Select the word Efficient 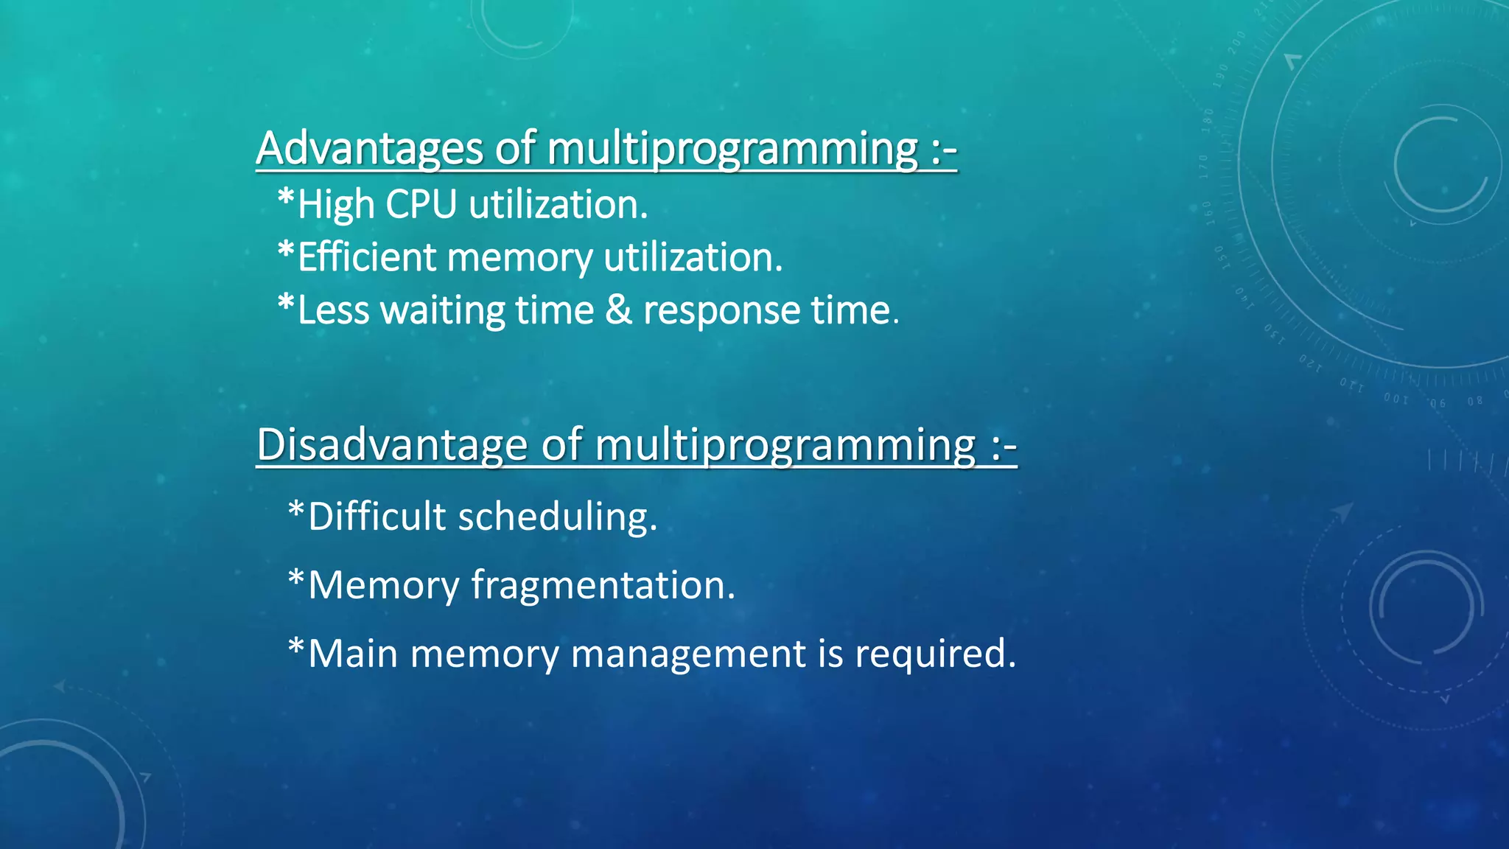(367, 258)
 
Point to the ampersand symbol (618, 310)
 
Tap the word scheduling (557, 517)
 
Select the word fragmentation (603, 586)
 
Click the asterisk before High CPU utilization (286, 198)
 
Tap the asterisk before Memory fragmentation (296, 579)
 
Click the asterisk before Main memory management (296, 648)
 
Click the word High (336, 206)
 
